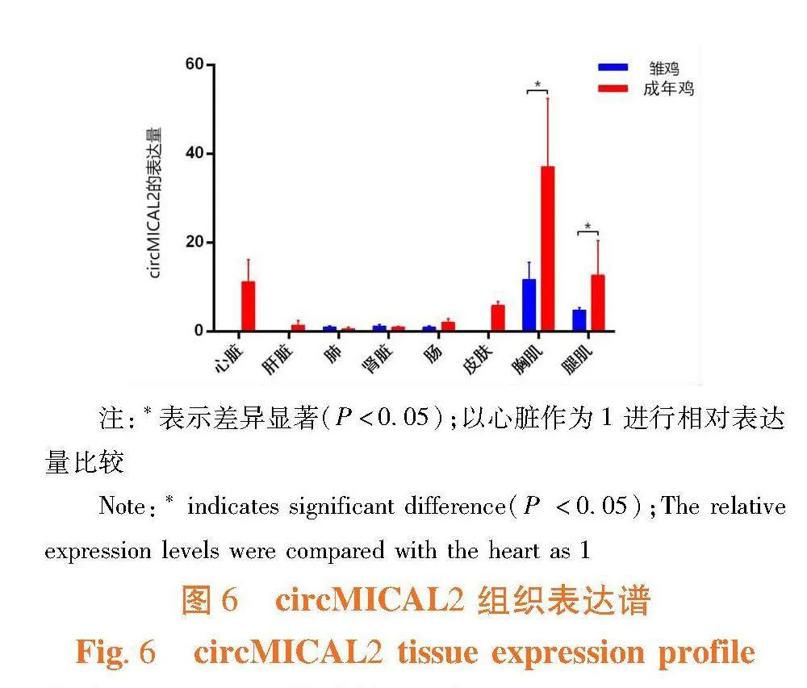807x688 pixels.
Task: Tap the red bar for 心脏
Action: point(249,306)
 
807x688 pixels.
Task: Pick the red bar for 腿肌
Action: point(597,302)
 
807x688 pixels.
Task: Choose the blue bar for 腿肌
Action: point(579,320)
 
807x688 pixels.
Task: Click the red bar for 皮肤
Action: point(498,318)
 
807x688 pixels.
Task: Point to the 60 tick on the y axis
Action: point(193,64)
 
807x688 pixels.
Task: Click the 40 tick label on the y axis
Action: point(193,153)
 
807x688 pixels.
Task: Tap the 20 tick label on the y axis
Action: point(193,242)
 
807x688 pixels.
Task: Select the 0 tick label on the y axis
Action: point(198,331)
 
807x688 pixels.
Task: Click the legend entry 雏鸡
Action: point(663,69)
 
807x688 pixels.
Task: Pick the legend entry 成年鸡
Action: point(667,89)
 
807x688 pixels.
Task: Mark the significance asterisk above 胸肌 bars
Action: point(538,85)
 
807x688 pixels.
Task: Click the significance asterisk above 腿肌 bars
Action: point(588,227)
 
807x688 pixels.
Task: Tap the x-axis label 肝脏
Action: point(278,360)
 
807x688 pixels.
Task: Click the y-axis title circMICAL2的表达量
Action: point(156,202)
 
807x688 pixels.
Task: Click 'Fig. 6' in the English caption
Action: point(115,652)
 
